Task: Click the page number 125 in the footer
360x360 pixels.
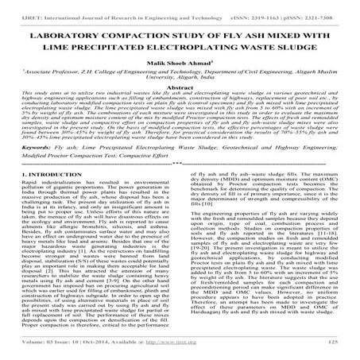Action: point(339,349)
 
